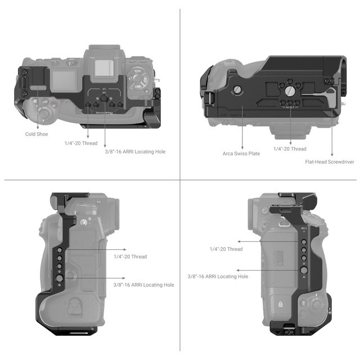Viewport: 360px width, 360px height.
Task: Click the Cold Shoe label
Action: [37, 134]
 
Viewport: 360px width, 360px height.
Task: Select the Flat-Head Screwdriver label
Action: [330, 161]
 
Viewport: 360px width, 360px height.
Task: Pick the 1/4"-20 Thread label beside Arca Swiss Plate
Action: [290, 149]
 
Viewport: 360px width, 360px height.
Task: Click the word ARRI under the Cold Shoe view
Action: [134, 152]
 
